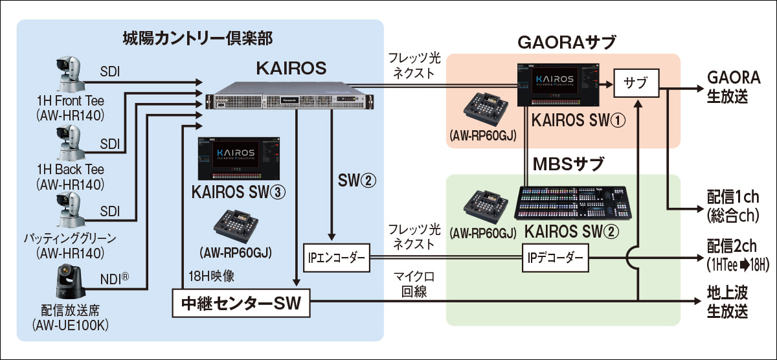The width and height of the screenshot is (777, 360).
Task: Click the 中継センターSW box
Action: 241,302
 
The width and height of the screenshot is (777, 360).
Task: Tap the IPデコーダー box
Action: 556,260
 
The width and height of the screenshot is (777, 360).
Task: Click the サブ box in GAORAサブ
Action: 636,84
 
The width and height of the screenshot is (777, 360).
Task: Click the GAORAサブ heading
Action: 566,43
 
